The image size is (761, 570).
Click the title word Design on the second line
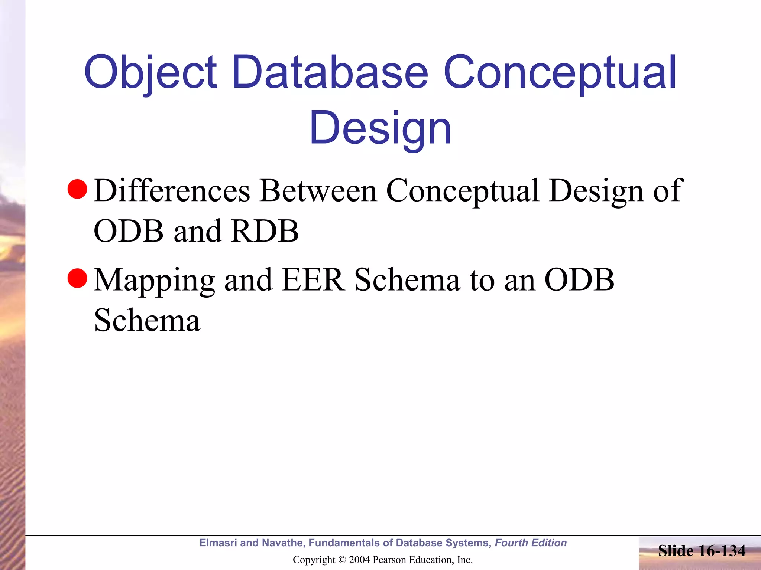[x=380, y=128]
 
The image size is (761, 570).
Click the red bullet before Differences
[x=77, y=189]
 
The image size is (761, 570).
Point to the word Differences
[x=172, y=191]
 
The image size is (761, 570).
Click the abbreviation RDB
[x=264, y=231]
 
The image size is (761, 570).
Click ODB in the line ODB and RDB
[x=128, y=231]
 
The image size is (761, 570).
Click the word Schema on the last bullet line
[x=147, y=320]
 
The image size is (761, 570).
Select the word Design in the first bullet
[x=596, y=191]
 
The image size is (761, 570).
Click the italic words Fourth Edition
[x=531, y=543]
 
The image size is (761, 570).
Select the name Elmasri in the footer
[x=218, y=543]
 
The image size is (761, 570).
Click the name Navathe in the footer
[x=283, y=543]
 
